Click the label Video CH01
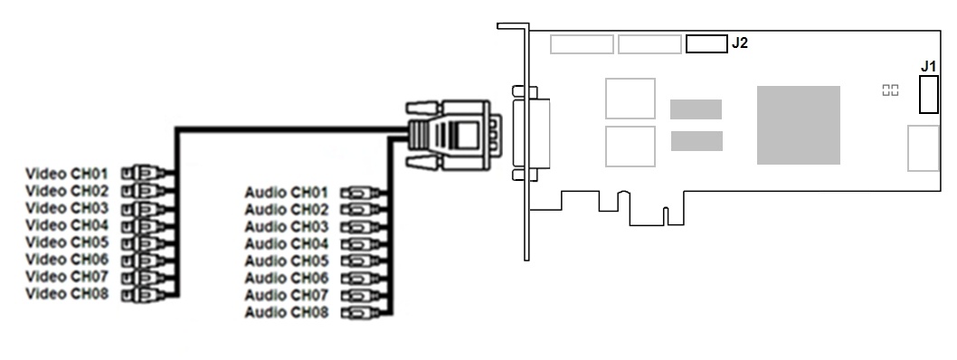tap(67, 174)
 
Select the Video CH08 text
tap(67, 293)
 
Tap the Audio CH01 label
tap(286, 193)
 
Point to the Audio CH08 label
tap(286, 312)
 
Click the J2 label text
tap(740, 43)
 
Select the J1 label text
tap(928, 66)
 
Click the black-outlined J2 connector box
tap(706, 44)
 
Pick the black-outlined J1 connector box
tap(929, 95)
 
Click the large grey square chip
tap(799, 125)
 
